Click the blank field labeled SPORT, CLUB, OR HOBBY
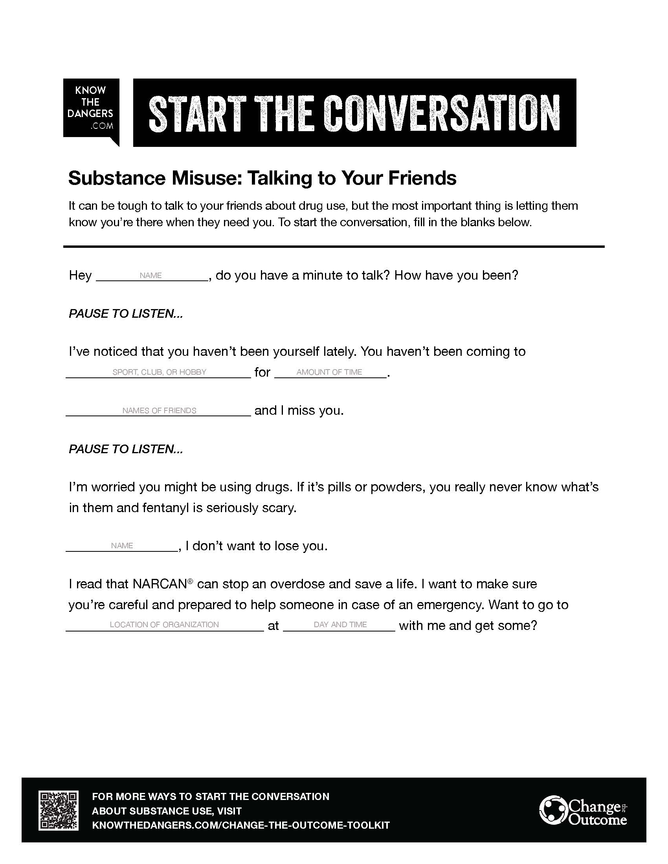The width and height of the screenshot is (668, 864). tap(158, 373)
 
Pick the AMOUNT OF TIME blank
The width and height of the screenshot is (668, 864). tap(330, 373)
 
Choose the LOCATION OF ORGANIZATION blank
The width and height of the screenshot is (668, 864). tap(164, 625)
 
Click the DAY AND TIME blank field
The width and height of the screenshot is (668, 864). tap(340, 625)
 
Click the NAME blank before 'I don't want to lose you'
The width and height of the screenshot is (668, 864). tap(122, 546)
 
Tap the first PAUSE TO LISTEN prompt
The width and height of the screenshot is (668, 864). tap(126, 314)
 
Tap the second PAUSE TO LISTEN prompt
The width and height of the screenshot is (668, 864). tap(126, 449)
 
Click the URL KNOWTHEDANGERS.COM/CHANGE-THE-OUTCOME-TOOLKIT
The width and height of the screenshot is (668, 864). tap(240, 825)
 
